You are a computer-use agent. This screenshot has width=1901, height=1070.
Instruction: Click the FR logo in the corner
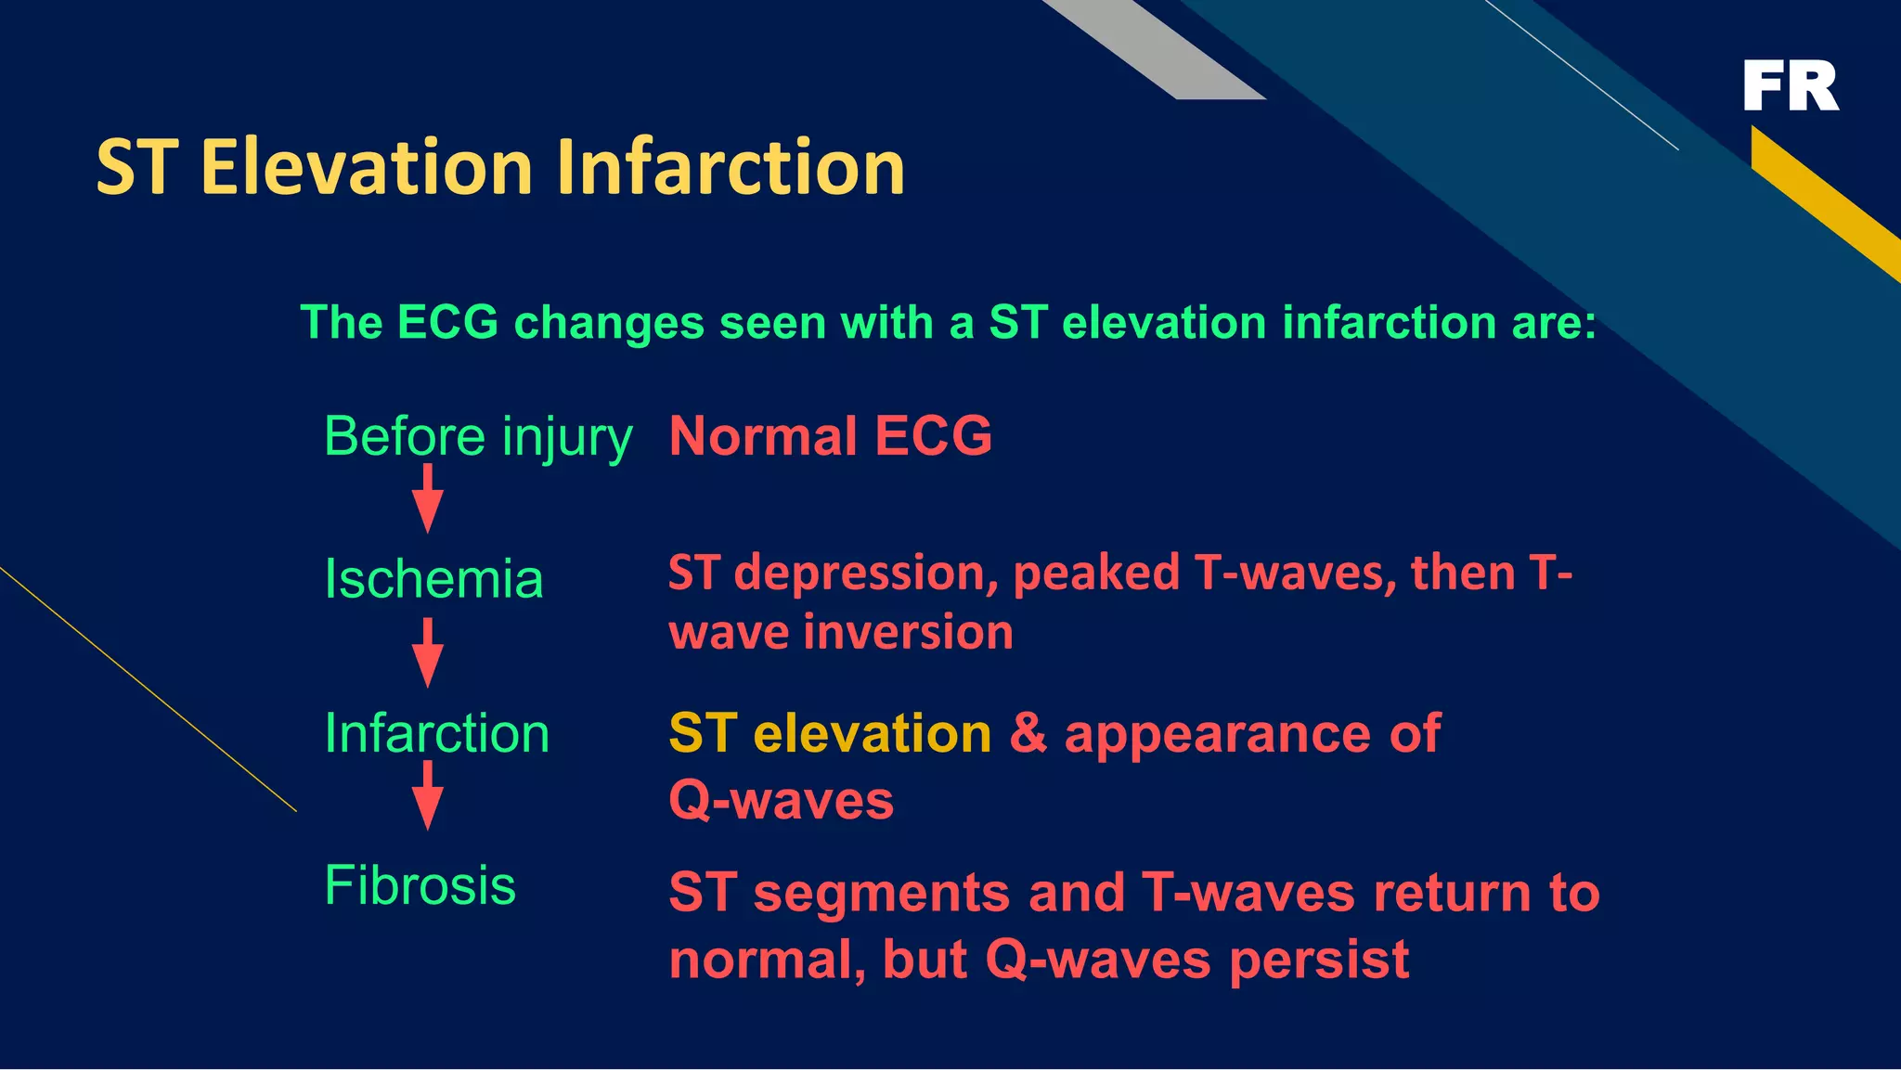pos(1790,85)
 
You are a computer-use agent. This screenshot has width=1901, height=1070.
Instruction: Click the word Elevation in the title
pos(366,168)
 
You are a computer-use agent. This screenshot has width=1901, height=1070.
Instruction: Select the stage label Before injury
pos(478,436)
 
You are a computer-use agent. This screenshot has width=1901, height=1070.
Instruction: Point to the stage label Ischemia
pos(433,579)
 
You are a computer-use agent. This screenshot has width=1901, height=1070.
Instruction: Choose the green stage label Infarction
pos(437,733)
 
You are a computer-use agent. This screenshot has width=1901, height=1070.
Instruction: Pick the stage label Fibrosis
pos(420,885)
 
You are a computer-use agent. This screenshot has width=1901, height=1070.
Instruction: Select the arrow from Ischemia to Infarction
pos(427,654)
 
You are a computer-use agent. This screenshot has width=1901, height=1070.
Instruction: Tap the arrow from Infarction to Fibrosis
pos(427,796)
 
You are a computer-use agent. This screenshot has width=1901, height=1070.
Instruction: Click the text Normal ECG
pos(830,436)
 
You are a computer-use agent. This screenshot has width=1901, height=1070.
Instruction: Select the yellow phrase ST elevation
pos(830,733)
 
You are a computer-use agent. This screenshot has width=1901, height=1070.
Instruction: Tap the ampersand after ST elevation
pos(1028,733)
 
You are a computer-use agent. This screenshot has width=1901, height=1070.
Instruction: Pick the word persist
pos(1318,960)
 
